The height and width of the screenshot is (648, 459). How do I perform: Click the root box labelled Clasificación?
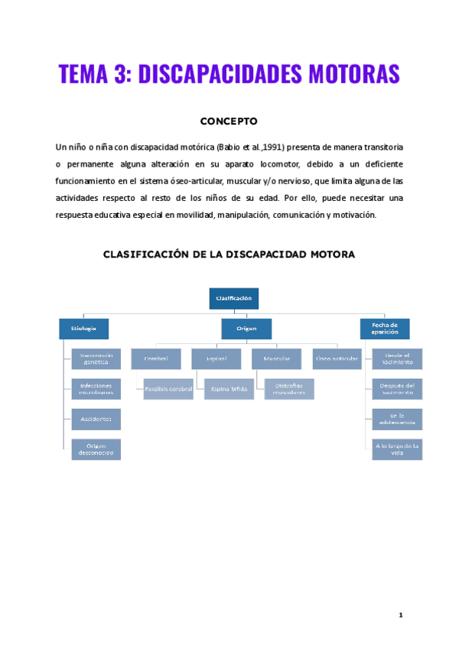[234, 299]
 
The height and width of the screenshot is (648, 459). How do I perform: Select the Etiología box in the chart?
[83, 329]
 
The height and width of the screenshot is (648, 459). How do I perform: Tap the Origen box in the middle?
[246, 329]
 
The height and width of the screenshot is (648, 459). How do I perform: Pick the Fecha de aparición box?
[385, 329]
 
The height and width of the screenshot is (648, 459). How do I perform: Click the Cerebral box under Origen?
[156, 358]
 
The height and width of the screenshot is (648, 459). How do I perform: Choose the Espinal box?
[216, 358]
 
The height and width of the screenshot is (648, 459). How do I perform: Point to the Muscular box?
[276, 358]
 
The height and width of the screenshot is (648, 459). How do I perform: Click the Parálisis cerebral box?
[168, 389]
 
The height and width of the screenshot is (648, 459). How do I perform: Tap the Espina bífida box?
[228, 389]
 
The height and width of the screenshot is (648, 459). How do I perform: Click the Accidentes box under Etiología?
[96, 419]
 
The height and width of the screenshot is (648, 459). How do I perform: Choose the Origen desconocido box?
[96, 449]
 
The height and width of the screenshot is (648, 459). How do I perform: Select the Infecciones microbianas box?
[96, 389]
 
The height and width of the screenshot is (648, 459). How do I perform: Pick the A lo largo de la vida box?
[396, 449]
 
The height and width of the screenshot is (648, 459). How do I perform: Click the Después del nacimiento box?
[396, 389]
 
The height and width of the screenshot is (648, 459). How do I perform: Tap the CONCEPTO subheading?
[229, 121]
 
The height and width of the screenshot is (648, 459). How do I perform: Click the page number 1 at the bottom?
[400, 615]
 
